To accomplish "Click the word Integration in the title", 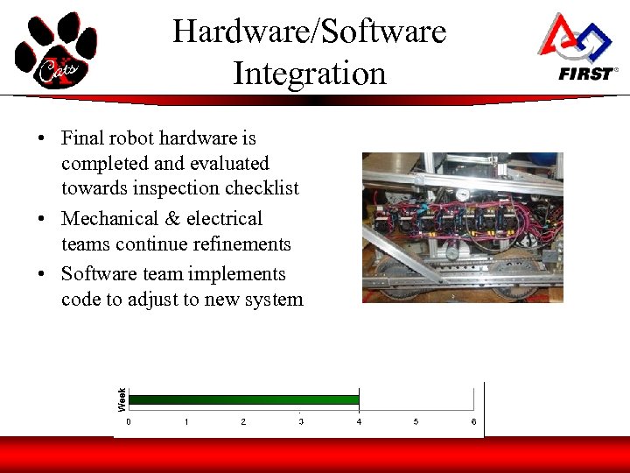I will [309, 73].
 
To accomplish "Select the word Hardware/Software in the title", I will [309, 32].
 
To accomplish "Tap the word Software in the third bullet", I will [96, 275].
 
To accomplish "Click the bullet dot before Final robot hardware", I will [41, 139].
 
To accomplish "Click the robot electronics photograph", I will [462, 228].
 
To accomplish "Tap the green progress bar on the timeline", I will [243, 400].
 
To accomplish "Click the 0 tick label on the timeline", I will [129, 422].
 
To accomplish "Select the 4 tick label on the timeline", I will [359, 422].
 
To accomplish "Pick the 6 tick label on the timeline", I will [473, 422].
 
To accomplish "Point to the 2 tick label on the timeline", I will [243, 422].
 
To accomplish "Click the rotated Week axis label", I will [122, 399].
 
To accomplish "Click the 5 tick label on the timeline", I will [416, 422].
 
